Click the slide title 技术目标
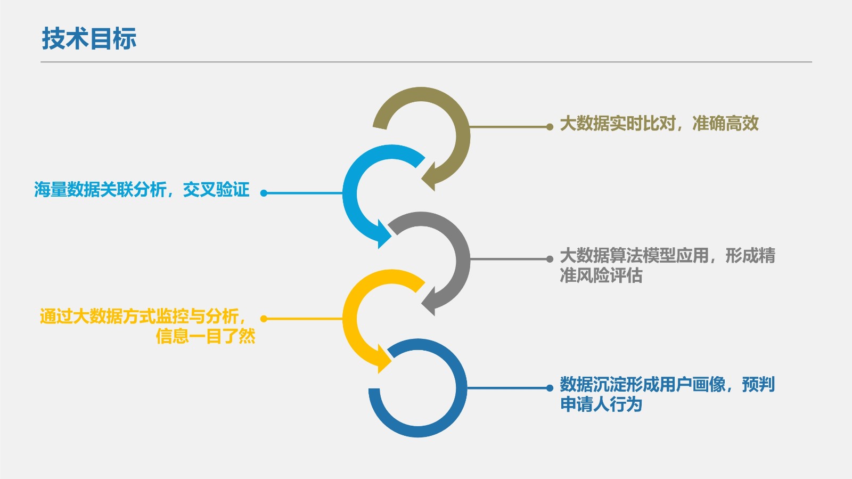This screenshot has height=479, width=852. click(x=89, y=39)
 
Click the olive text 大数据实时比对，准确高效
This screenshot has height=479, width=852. click(x=659, y=124)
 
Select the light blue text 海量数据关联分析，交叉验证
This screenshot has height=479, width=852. click(x=142, y=190)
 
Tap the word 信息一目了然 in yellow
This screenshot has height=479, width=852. click(x=206, y=336)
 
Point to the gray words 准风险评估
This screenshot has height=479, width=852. click(x=601, y=275)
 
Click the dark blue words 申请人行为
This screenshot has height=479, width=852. click(x=601, y=404)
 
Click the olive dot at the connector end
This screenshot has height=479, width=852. click(x=550, y=127)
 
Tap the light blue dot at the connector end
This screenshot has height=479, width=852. click(x=264, y=193)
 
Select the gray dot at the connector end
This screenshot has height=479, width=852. click(x=550, y=259)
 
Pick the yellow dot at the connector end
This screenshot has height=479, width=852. click(x=264, y=319)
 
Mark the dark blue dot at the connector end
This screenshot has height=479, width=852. click(x=550, y=388)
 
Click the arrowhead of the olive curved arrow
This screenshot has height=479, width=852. click(x=429, y=176)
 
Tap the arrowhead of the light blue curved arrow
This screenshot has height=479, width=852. click(x=384, y=234)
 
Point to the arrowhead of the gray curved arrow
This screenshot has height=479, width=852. click(x=429, y=302)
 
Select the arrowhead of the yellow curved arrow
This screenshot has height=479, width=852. click(x=384, y=359)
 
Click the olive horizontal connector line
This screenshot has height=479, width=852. click(x=508, y=127)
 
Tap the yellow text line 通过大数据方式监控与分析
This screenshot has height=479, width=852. click(x=143, y=316)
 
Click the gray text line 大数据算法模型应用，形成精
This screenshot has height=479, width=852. click(x=668, y=256)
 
